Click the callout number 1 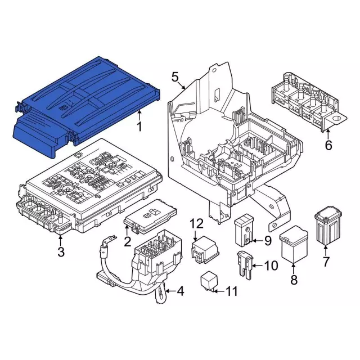point(139,126)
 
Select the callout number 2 point(128,242)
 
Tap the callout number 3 point(61,252)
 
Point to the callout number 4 point(180,291)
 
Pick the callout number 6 point(328,146)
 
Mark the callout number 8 point(293,280)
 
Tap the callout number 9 point(267,241)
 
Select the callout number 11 point(231,291)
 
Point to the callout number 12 point(196,224)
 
